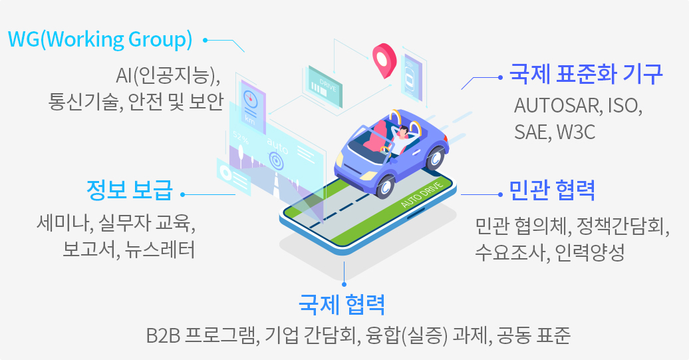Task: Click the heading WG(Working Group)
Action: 100,40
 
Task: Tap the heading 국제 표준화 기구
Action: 586,74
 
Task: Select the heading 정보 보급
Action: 130,190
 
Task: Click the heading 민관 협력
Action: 552,190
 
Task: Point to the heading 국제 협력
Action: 342,304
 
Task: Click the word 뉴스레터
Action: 160,250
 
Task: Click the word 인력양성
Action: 590,252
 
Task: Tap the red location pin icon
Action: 384,60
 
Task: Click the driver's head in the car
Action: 404,131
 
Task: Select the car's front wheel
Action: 385,186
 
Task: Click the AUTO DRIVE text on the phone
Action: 422,194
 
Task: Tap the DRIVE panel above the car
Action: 325,87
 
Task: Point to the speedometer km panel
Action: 253,106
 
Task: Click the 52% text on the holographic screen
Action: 241,138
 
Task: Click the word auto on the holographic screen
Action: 277,146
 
